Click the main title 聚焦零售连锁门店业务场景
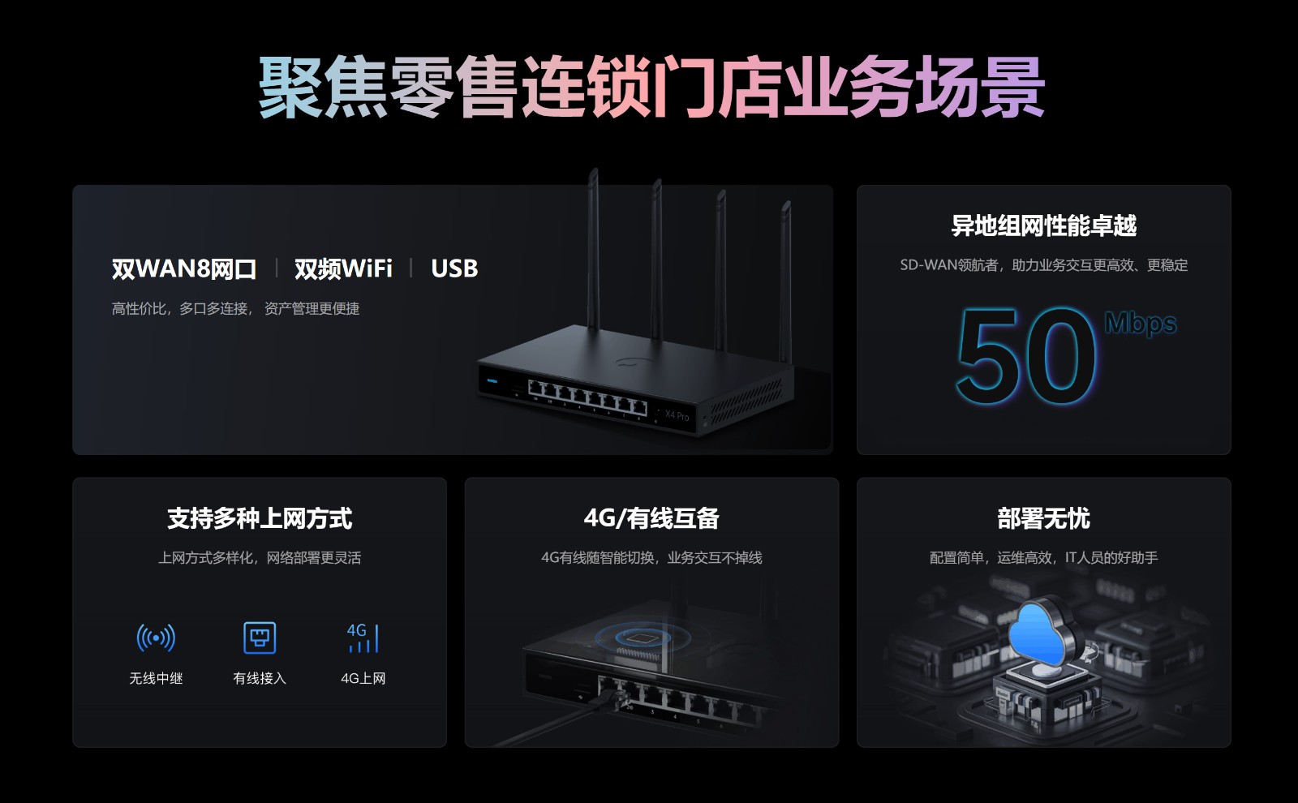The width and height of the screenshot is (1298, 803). point(651,87)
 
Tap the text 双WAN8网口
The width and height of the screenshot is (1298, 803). point(183,268)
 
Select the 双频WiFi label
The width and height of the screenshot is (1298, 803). point(343,268)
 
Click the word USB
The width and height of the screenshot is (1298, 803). point(454,268)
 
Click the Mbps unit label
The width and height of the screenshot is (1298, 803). point(1141,324)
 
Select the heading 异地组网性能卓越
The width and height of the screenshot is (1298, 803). point(1043,225)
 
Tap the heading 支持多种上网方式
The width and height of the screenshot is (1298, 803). point(260,518)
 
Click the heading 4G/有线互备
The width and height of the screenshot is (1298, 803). point(651,518)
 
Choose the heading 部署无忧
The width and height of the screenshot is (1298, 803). point(1043,518)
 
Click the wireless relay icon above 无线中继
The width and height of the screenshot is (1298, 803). point(156,638)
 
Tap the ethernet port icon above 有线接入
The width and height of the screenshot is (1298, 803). point(260,638)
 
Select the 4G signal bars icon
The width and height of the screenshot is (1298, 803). point(363,638)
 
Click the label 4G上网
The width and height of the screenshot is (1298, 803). point(363,678)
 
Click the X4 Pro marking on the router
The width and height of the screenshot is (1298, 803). point(677,415)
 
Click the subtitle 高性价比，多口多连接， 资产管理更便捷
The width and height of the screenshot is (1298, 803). point(235,309)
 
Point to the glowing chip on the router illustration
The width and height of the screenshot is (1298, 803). point(642,638)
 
